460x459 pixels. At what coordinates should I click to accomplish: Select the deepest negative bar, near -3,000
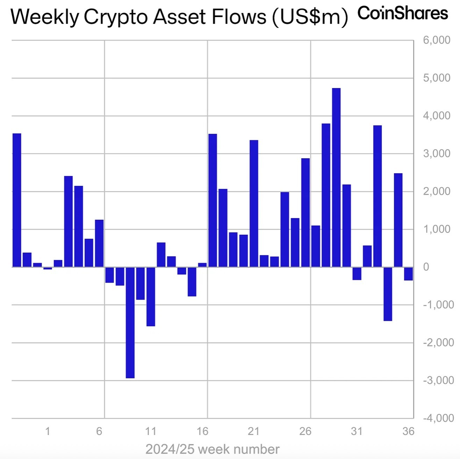(130, 322)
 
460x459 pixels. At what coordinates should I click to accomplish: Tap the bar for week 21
(254, 203)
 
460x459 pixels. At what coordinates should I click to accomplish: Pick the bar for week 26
(306, 212)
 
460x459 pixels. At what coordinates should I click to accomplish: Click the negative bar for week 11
(151, 296)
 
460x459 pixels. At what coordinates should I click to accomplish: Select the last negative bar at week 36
(408, 274)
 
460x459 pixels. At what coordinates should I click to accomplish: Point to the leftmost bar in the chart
(17, 200)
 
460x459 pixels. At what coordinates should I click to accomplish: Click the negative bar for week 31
(357, 273)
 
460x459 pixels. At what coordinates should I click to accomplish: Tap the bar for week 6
(99, 243)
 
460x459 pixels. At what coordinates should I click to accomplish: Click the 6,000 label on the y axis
(436, 40)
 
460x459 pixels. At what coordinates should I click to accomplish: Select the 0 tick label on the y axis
(426, 267)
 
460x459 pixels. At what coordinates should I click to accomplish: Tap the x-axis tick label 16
(202, 431)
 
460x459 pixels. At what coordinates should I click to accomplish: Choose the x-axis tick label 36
(408, 431)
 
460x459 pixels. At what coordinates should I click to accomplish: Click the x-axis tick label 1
(48, 431)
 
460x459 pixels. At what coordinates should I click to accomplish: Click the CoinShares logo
(403, 13)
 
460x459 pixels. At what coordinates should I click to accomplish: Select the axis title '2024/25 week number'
(213, 449)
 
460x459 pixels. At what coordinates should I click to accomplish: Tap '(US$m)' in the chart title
(310, 17)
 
